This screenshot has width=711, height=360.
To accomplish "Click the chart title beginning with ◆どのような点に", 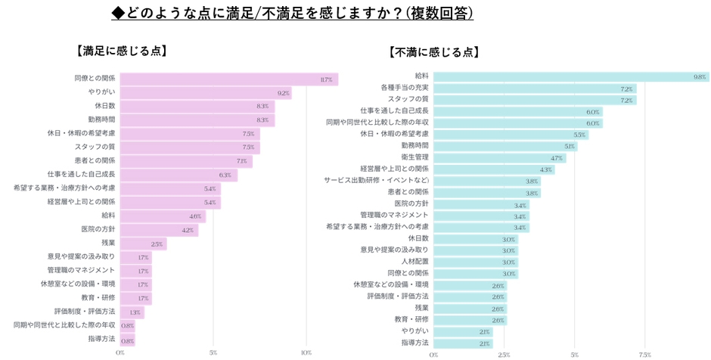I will point(292,13).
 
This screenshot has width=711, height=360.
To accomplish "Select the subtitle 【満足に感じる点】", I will point(120,51).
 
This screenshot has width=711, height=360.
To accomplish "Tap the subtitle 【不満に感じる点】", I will point(433,52).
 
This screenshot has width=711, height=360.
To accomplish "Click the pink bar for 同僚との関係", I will point(228,79).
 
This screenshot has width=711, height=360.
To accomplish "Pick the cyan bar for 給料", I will point(571,76).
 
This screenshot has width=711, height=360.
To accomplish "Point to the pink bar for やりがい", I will point(205,93).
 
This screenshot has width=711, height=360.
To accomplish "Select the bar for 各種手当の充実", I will point(535,88).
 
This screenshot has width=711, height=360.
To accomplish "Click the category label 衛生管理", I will point(414,157).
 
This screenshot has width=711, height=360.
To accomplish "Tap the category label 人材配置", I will point(414,261).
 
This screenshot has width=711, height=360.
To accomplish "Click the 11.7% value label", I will point(326,79).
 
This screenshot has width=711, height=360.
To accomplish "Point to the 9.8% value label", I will point(700,76).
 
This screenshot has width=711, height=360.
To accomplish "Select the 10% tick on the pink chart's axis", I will point(306,352).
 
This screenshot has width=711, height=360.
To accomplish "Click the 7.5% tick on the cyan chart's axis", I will point(644,353).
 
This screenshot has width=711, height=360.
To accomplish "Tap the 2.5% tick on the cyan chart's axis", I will point(504,353).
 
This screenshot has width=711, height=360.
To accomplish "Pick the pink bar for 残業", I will point(143,244).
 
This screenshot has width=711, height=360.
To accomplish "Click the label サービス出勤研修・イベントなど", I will point(377,180).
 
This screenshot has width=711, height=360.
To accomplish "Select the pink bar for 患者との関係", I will point(186,161).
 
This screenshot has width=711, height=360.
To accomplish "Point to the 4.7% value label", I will point(557,157).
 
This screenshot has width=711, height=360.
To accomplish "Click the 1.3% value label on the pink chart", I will point(135,312).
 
